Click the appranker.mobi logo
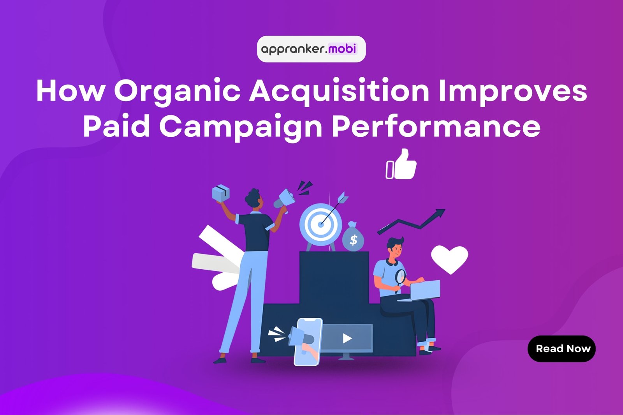click(311, 49)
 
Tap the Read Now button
click(561, 349)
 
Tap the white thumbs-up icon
click(402, 165)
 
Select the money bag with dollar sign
click(353, 238)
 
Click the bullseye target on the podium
click(320, 224)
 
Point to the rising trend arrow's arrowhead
click(440, 213)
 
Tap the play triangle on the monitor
click(347, 338)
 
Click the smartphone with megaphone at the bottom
click(308, 341)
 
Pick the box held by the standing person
click(220, 193)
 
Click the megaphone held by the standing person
click(285, 198)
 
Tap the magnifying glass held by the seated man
click(400, 277)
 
